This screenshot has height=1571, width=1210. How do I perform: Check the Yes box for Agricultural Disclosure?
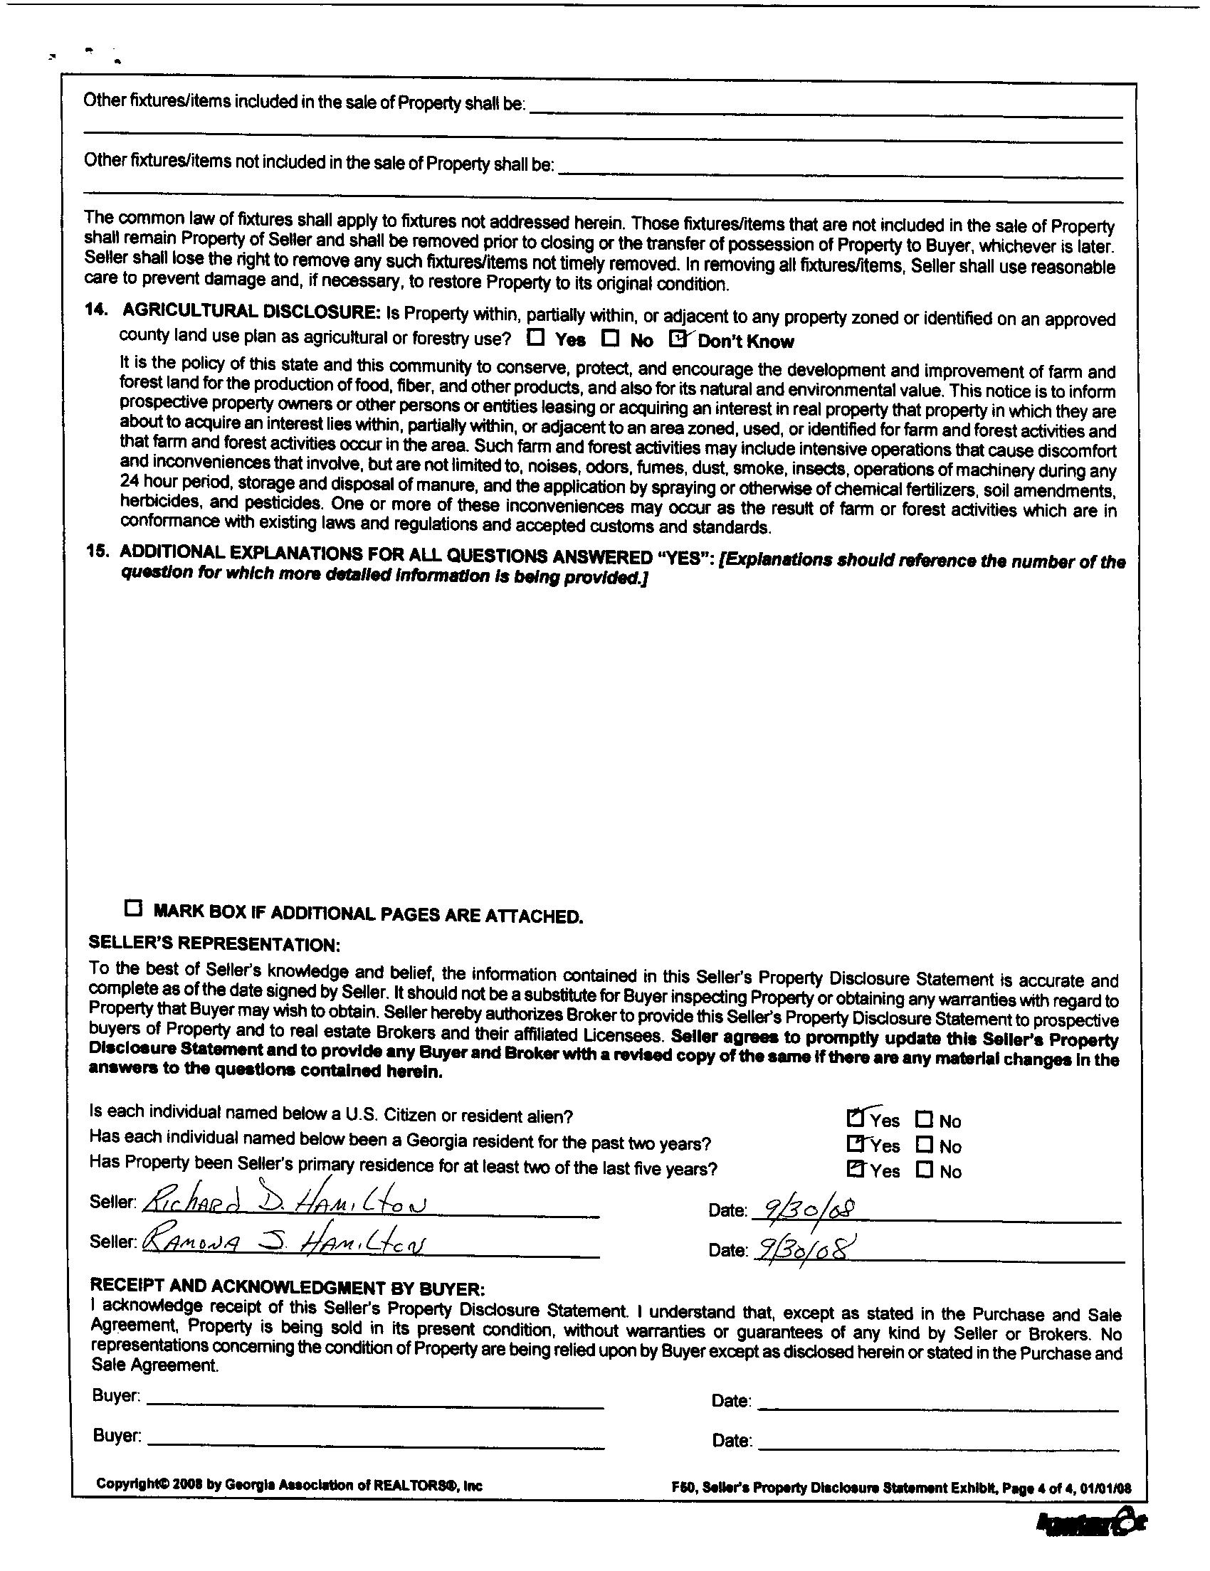(536, 337)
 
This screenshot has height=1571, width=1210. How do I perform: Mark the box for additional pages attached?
(133, 908)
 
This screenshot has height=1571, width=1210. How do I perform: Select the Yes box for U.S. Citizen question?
(856, 1118)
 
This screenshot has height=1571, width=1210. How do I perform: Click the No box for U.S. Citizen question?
(925, 1119)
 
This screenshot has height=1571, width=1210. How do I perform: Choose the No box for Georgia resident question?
(925, 1144)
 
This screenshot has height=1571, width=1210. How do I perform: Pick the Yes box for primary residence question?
(856, 1169)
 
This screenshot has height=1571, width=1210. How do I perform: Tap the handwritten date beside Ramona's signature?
(804, 1246)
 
